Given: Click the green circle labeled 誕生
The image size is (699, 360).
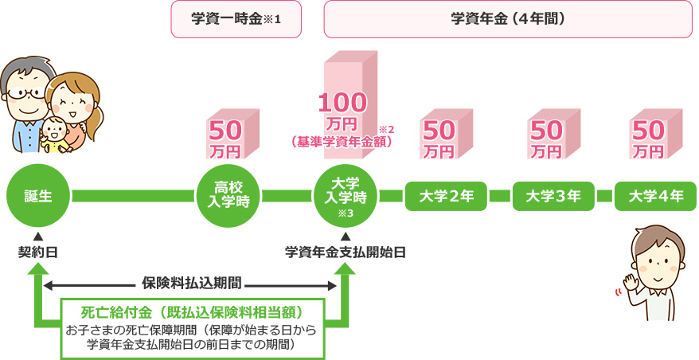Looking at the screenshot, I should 38,195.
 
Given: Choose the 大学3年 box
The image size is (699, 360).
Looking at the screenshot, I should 553,196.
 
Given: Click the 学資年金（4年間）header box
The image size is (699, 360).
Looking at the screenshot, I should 508,19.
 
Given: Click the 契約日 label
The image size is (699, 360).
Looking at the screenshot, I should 37,253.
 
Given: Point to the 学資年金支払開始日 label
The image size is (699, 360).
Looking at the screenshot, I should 346,253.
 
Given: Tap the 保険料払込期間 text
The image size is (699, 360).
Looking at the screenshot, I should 191,283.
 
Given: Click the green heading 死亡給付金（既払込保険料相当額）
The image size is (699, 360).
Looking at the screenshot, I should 191,310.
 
